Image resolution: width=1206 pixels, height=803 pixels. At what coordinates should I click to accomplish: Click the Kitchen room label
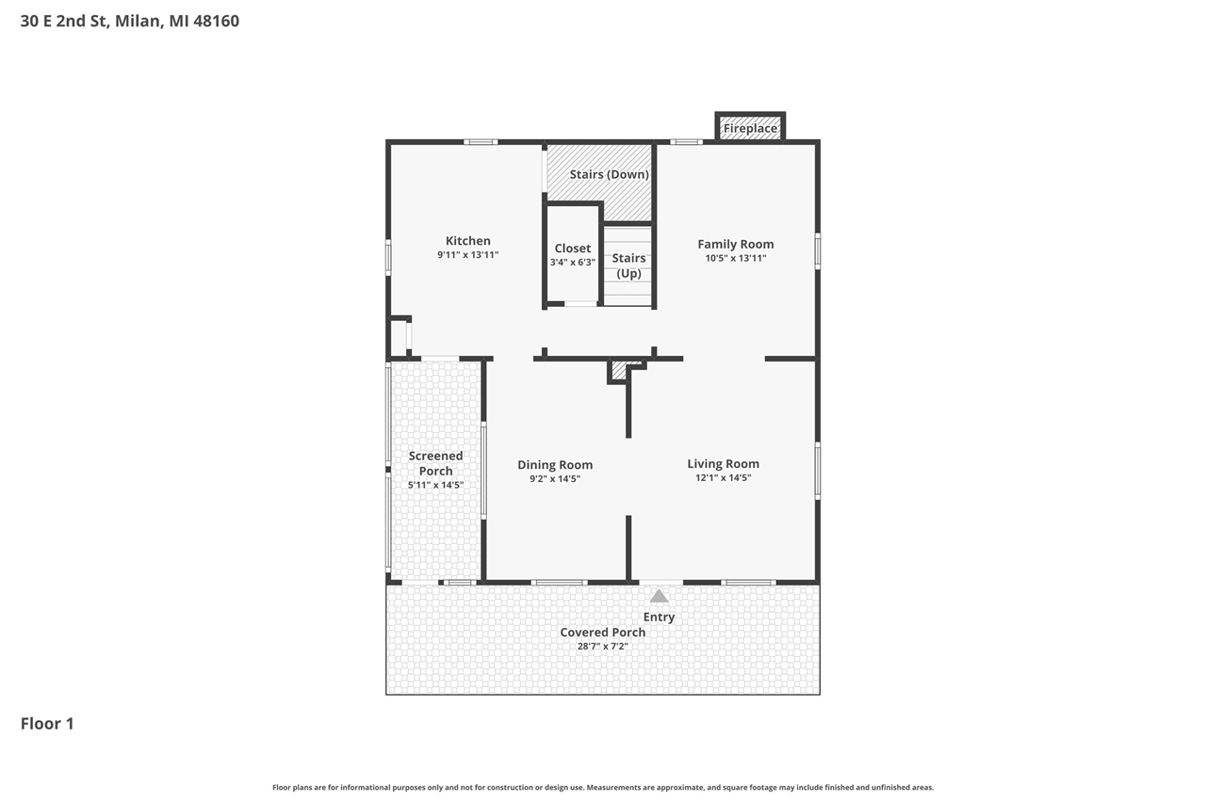467,241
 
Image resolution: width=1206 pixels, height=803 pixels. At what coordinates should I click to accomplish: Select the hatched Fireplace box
750,128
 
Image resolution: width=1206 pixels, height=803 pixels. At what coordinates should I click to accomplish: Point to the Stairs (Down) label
609,175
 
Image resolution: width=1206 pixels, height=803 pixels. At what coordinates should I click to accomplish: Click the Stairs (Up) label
628,265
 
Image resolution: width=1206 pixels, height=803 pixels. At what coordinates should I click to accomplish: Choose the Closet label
572,249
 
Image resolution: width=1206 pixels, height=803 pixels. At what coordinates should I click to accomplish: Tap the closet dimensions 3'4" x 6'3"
572,263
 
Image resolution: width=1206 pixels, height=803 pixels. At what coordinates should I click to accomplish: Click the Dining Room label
555,464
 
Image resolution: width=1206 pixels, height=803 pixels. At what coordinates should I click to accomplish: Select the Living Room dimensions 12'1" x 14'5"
723,478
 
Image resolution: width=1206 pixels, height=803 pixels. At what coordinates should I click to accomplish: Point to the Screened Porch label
435,463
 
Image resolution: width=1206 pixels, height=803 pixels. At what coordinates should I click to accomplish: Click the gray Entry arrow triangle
659,596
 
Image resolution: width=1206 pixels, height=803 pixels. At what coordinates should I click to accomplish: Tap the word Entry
659,618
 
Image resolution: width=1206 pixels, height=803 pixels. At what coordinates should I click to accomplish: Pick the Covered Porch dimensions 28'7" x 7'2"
602,647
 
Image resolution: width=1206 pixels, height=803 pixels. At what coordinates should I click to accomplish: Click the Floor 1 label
47,723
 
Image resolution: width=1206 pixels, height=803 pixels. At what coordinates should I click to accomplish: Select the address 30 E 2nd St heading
130,21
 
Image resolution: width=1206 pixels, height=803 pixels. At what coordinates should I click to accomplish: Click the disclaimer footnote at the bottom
603,787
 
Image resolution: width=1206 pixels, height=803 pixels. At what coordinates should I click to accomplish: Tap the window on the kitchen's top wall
481,142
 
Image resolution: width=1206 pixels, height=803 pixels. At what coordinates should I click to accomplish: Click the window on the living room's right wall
817,470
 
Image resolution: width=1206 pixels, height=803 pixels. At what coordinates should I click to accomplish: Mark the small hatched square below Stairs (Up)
619,371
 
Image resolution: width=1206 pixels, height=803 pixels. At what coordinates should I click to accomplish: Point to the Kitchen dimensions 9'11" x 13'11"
467,255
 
